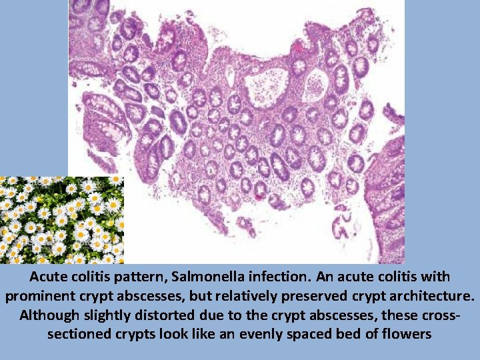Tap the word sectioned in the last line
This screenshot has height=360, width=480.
click(x=79, y=333)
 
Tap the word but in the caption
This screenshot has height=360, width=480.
click(x=148, y=295)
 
